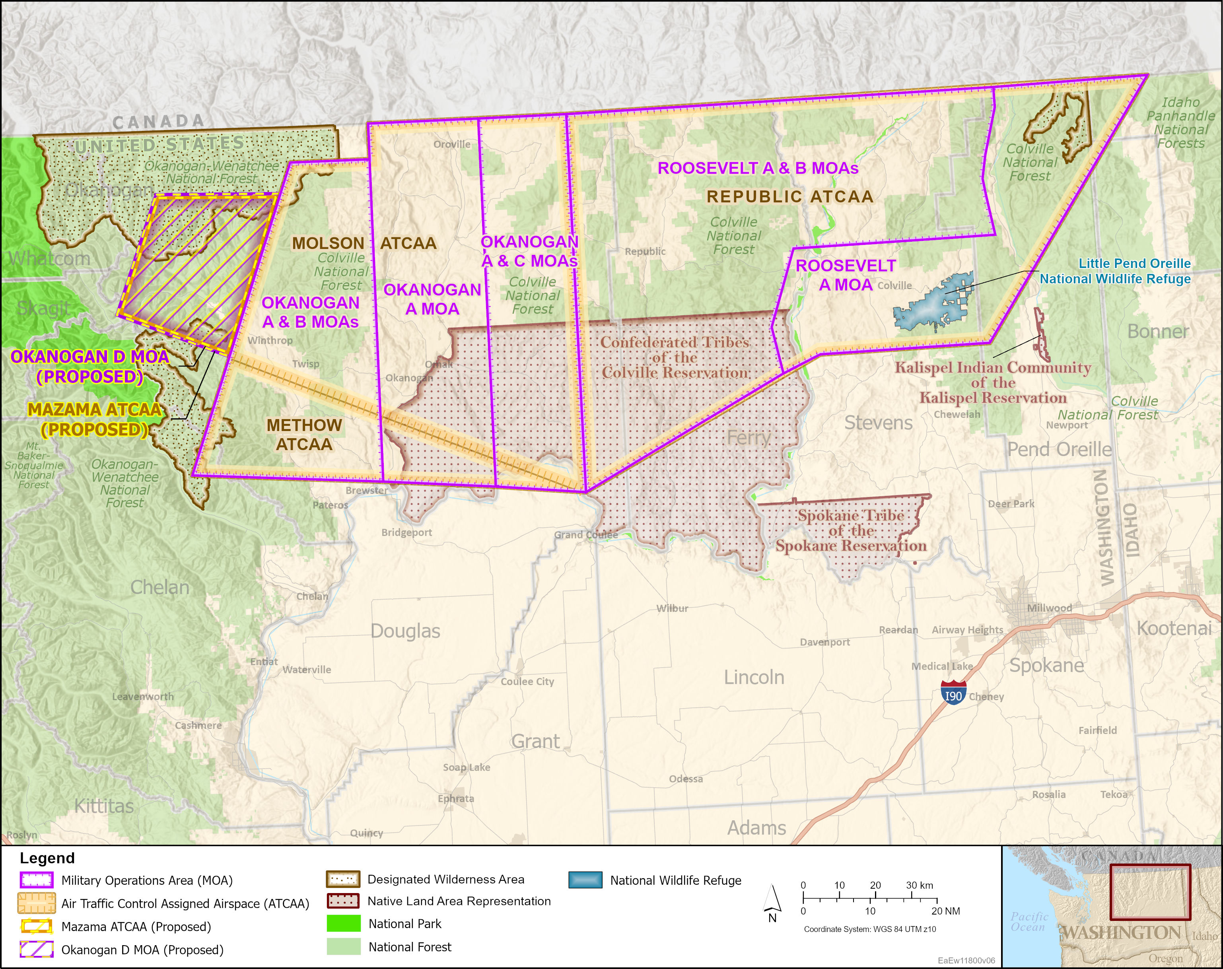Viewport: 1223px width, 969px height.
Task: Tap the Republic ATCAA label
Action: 789,197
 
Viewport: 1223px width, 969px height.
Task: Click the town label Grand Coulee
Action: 585,535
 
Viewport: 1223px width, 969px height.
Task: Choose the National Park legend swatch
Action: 343,924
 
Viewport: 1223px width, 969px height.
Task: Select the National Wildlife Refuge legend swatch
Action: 585,880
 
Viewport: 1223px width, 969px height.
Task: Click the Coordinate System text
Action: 869,929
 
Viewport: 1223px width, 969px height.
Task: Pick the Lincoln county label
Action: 754,677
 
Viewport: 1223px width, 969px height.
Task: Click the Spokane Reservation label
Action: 850,531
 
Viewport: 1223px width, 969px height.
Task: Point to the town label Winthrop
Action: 270,340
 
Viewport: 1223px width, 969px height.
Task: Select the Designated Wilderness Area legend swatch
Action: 342,880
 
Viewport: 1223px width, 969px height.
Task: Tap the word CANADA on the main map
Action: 158,121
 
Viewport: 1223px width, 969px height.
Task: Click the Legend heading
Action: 47,858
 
